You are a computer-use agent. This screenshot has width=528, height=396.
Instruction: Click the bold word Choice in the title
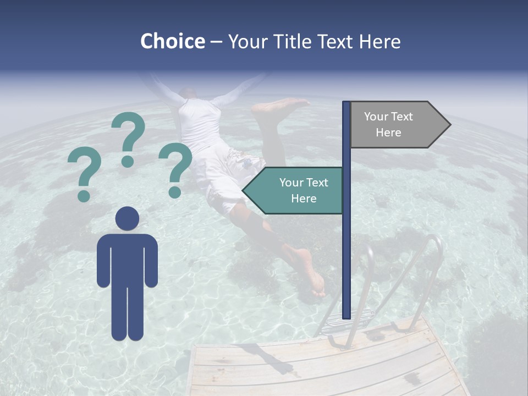pos(172,41)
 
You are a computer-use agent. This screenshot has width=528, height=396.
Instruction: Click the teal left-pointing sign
pos(297,190)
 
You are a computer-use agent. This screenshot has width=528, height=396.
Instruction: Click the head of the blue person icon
pos(127,218)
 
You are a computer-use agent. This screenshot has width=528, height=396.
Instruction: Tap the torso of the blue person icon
pos(127,258)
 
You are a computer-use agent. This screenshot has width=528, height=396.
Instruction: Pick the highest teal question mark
pos(128,137)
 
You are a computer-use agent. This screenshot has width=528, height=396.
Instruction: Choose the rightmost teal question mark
pos(175,168)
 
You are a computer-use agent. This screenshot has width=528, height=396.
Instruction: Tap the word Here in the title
pos(380,41)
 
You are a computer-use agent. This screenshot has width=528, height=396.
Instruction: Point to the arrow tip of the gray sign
pos(449,124)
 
